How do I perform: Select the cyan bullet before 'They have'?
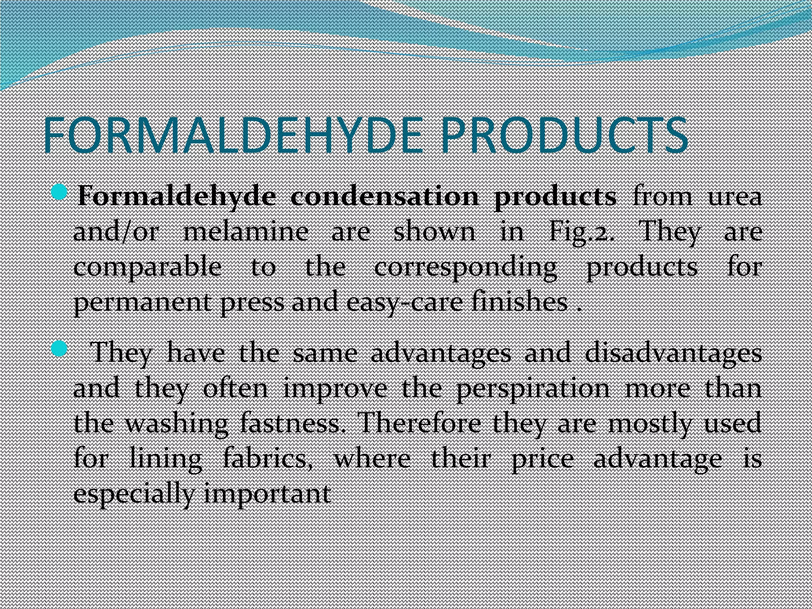coord(59,349)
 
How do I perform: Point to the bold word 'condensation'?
coord(385,197)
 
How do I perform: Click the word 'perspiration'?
coord(533,389)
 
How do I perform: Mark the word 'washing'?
coord(177,424)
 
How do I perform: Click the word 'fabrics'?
coord(266,459)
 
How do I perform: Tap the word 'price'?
coord(542,460)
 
